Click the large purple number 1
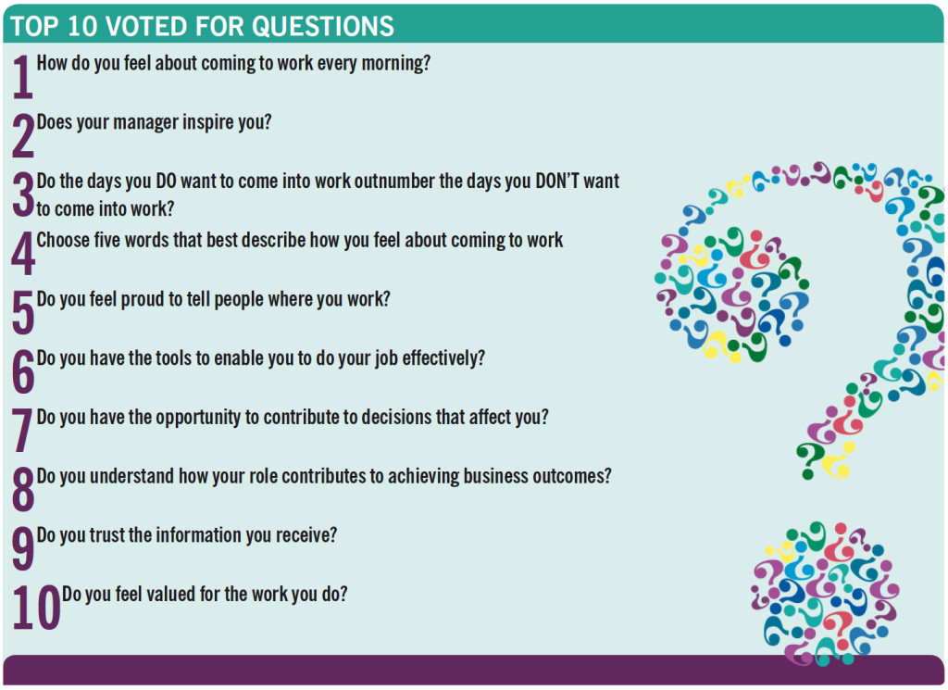click(x=22, y=79)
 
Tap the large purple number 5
click(x=22, y=314)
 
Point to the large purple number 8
click(x=22, y=491)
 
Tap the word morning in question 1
click(x=394, y=65)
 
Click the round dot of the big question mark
click(x=824, y=593)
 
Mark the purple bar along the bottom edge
click(x=473, y=670)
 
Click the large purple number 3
click(x=22, y=195)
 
